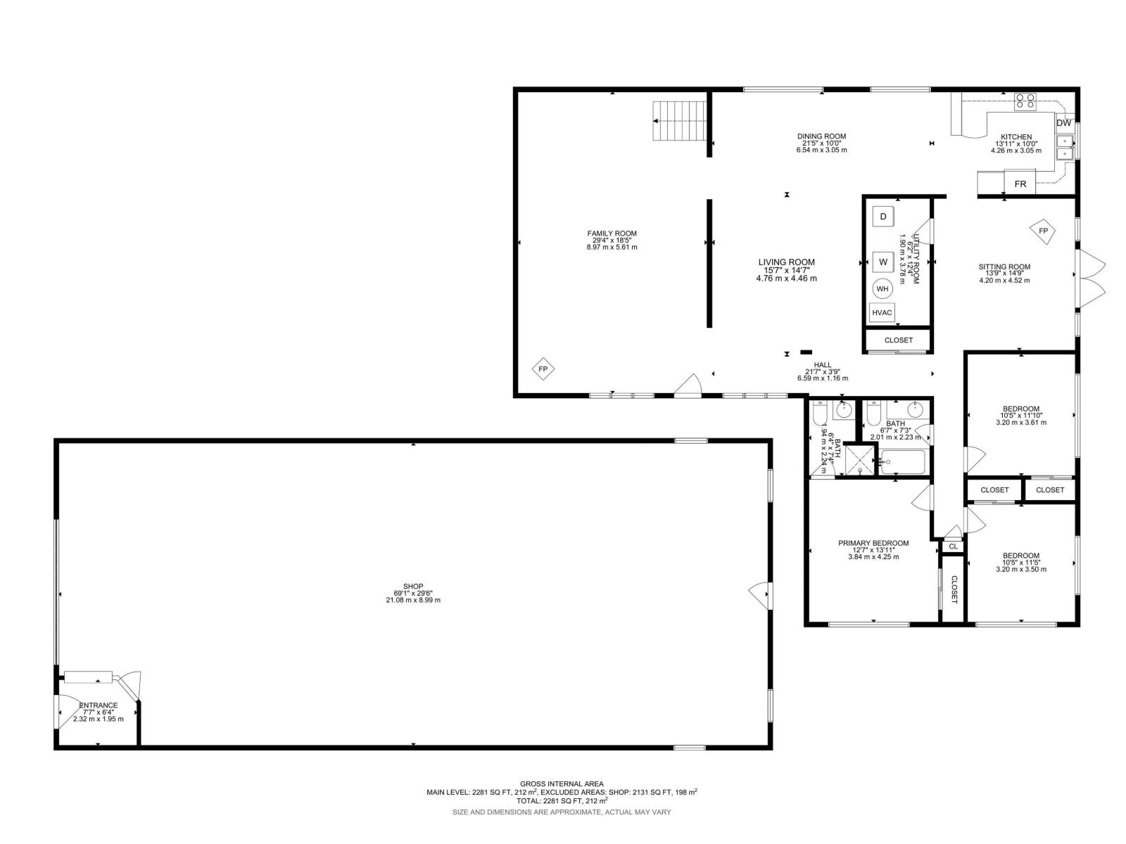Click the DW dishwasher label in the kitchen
coord(1063,123)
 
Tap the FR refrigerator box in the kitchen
coord(1020,184)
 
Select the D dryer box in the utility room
coord(883,216)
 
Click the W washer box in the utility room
coord(883,262)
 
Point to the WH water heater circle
coord(883,289)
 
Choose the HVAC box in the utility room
coord(882,313)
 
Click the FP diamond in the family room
coord(543,369)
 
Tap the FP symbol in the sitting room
coord(1043,231)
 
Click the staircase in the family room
coord(679,121)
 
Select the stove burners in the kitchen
coord(1025,101)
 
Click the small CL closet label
coord(953,546)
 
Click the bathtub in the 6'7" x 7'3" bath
coord(902,462)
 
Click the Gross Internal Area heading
coord(561,784)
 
